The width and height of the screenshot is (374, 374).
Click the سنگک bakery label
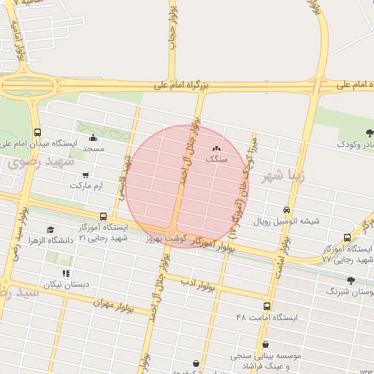pyautogui.click(x=217, y=158)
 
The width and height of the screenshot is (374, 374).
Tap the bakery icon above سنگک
pyautogui.click(x=215, y=149)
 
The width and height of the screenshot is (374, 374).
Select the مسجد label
pyautogui.click(x=93, y=148)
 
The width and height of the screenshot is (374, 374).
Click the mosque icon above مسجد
pyautogui.click(x=93, y=138)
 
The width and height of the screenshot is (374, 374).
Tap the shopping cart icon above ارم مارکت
pyautogui.click(x=86, y=175)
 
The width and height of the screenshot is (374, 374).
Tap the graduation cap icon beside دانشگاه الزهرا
pyautogui.click(x=50, y=230)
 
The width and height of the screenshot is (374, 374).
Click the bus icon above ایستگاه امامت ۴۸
pyautogui.click(x=267, y=307)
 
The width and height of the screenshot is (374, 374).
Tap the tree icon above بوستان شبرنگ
pyautogui.click(x=351, y=280)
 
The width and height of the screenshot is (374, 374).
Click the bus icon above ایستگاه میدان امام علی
pyautogui.click(x=37, y=132)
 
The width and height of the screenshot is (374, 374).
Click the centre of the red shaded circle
pyautogui.click(x=187, y=186)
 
